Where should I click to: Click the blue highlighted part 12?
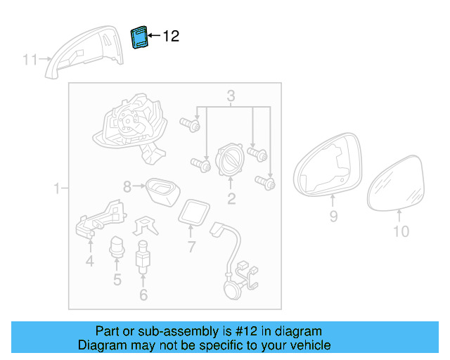139,37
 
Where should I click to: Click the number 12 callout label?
171,37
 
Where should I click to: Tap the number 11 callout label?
30,60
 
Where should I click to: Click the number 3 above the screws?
231,96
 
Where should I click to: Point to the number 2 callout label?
231,199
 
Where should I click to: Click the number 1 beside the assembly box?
57,188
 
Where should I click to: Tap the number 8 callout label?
127,187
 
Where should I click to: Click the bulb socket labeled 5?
117,250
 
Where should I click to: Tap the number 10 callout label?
400,231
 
